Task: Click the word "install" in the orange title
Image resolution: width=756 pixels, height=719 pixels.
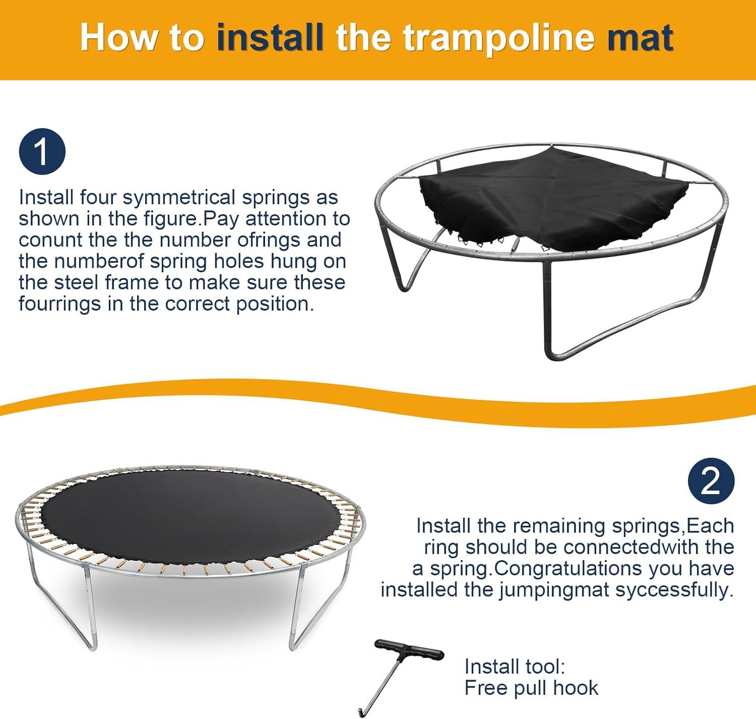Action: pos(270,37)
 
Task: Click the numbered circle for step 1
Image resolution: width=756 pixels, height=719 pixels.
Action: pos(42,151)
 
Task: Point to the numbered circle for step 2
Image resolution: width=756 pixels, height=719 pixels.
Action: pos(711,481)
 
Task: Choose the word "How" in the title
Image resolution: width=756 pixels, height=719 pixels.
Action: pos(118,37)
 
